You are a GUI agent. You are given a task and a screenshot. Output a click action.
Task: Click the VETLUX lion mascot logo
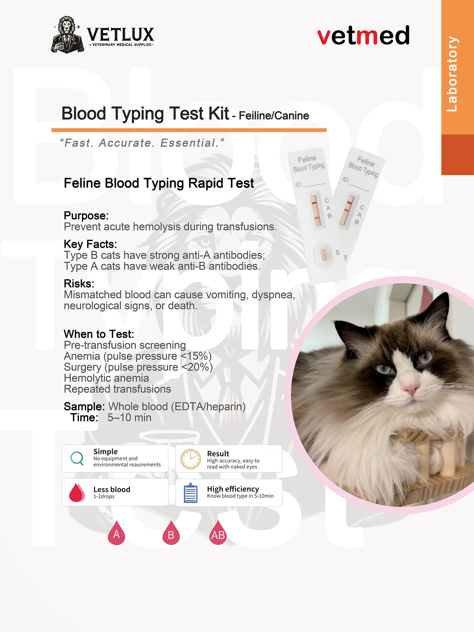(x=67, y=35)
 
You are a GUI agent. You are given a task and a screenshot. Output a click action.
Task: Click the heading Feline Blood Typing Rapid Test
(x=159, y=183)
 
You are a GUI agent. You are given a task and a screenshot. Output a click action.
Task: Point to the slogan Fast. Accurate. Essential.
(x=142, y=142)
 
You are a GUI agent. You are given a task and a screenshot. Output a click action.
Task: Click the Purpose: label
(x=86, y=215)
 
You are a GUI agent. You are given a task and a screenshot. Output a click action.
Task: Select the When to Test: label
(x=99, y=334)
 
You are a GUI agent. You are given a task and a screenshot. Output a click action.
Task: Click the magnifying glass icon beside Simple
(x=77, y=458)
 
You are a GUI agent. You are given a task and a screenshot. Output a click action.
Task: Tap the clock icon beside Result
(x=191, y=459)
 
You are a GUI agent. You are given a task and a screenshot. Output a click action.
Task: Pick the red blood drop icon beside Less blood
(x=77, y=492)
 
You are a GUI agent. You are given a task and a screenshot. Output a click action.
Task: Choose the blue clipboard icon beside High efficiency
(x=191, y=493)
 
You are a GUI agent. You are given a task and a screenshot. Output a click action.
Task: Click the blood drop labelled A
(x=117, y=533)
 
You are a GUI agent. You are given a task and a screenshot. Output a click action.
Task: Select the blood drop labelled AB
(x=218, y=533)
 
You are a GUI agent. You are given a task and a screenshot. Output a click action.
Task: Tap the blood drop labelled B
(x=171, y=533)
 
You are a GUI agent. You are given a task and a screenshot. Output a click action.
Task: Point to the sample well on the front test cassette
(x=323, y=255)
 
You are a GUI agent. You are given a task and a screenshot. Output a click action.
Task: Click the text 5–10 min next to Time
(x=130, y=418)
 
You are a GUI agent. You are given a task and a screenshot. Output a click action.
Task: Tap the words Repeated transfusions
(x=117, y=389)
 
